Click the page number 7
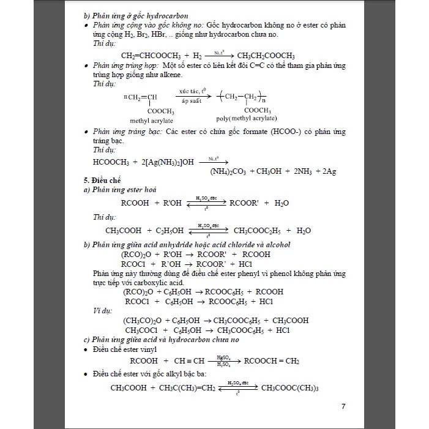[343, 407]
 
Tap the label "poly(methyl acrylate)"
[246, 119]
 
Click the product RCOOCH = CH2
[270, 360]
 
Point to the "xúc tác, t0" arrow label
[192, 91]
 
